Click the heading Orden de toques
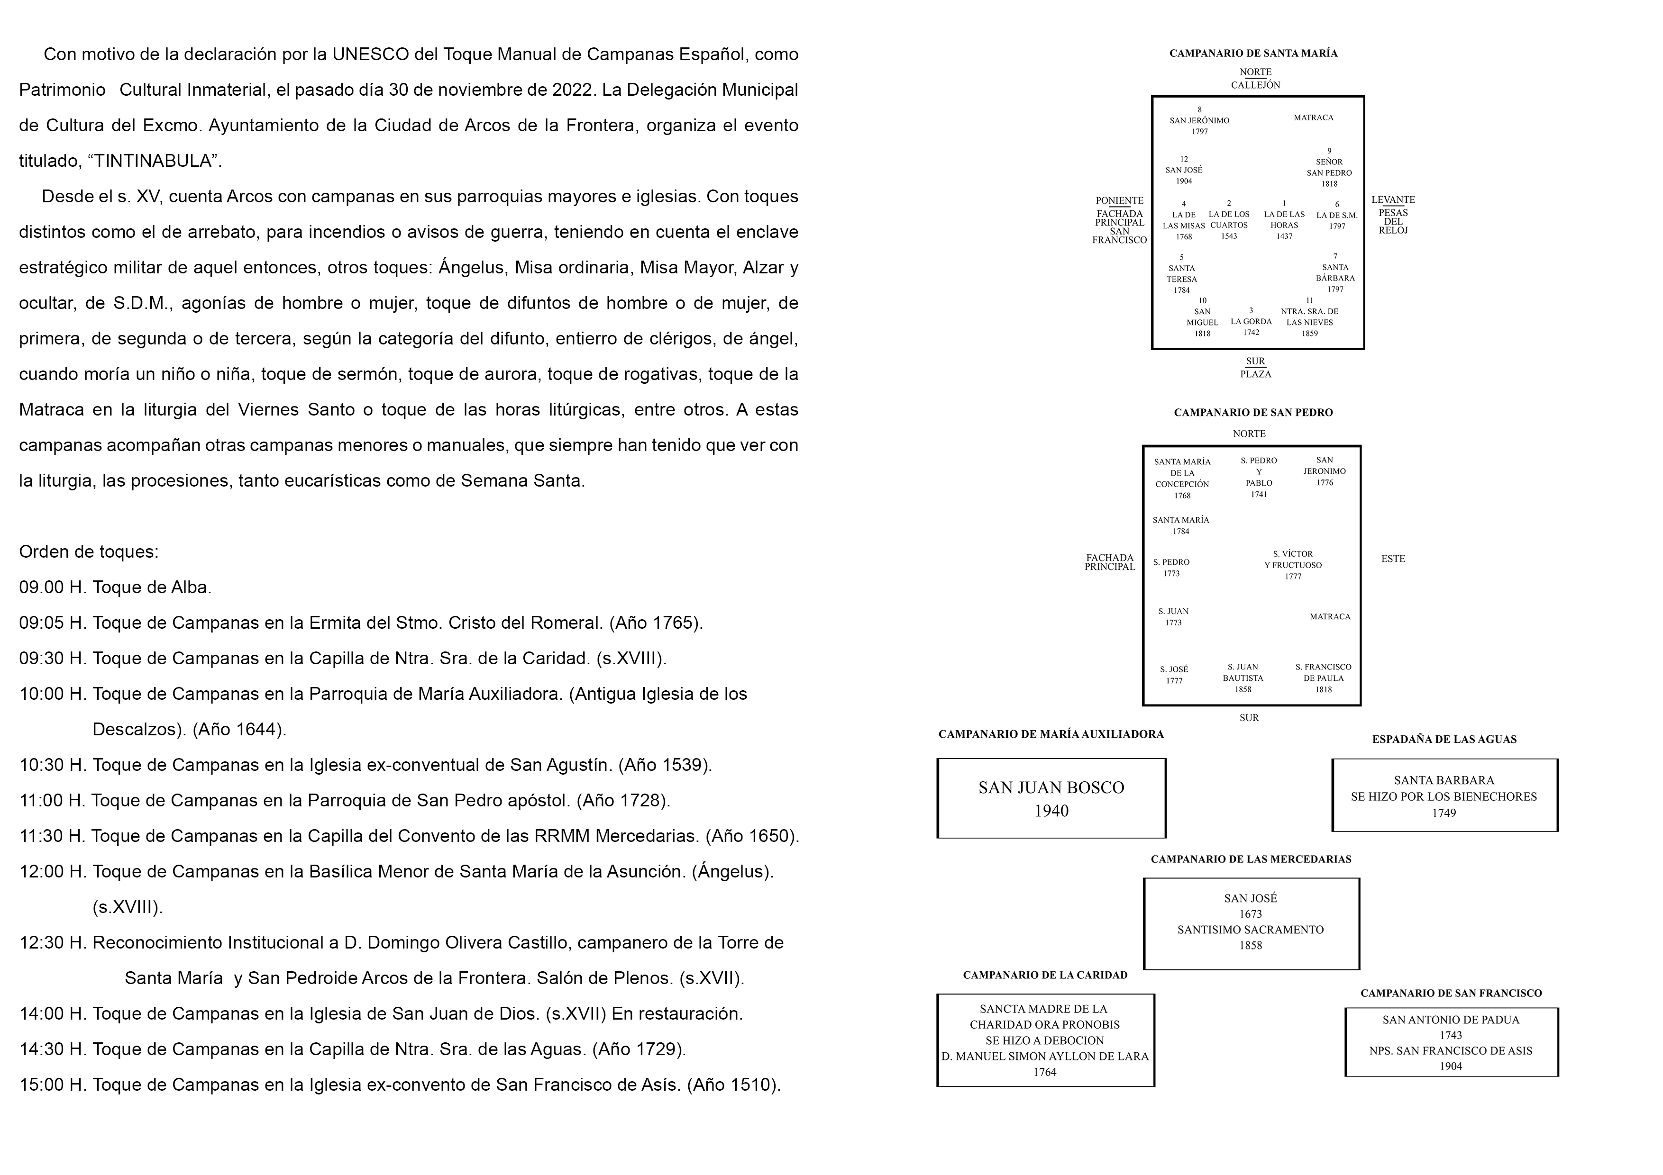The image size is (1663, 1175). (x=88, y=551)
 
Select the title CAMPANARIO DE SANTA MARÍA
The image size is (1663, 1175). (x=1253, y=54)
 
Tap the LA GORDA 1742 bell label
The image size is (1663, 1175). (x=1251, y=326)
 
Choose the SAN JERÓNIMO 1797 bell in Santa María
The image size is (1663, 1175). (x=1199, y=121)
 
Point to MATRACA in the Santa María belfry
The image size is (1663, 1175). (x=1313, y=117)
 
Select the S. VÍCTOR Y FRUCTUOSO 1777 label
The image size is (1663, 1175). (x=1293, y=565)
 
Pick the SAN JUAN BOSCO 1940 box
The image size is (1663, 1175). (x=1051, y=798)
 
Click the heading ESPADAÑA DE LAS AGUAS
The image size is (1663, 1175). (x=1444, y=739)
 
